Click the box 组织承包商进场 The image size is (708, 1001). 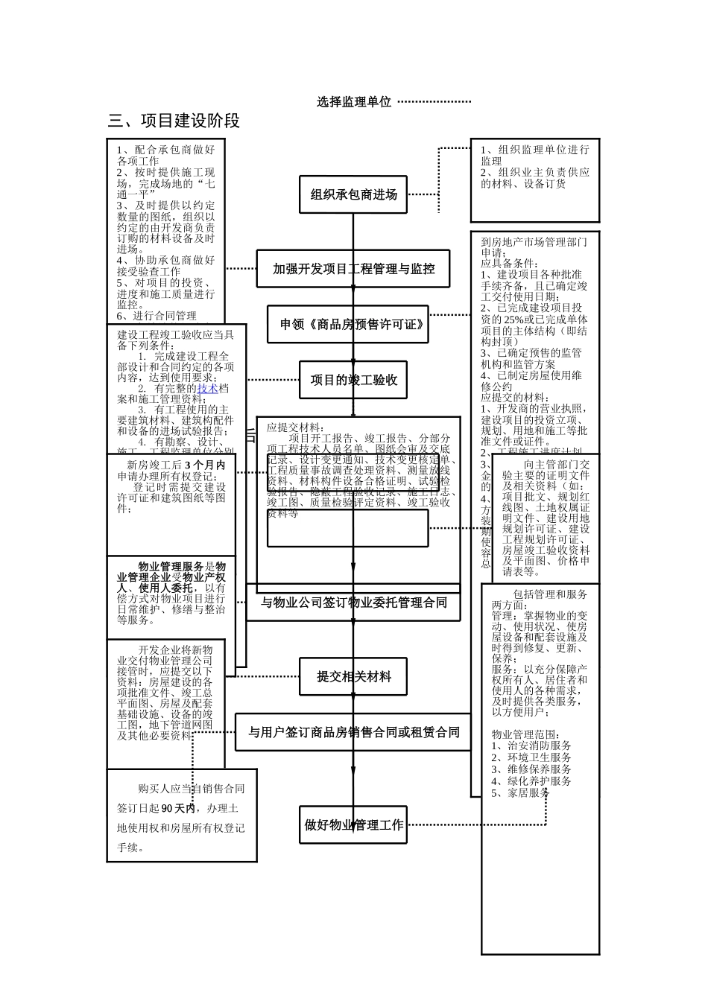353,195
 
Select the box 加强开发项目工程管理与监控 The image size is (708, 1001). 353,269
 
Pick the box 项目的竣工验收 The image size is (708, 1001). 353,381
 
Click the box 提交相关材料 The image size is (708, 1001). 353,677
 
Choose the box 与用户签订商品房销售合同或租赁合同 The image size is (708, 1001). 353,732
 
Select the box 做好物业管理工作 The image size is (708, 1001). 353,825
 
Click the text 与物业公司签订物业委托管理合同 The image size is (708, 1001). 353,602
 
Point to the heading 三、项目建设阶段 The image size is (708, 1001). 174,121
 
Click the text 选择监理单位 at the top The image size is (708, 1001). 353,102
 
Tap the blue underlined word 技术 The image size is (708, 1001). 207,388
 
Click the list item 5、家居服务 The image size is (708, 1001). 520,793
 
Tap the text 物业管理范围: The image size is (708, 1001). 525,734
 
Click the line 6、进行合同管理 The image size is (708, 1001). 156,316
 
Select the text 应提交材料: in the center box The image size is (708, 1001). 295,428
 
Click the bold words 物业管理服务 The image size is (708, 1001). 171,566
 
